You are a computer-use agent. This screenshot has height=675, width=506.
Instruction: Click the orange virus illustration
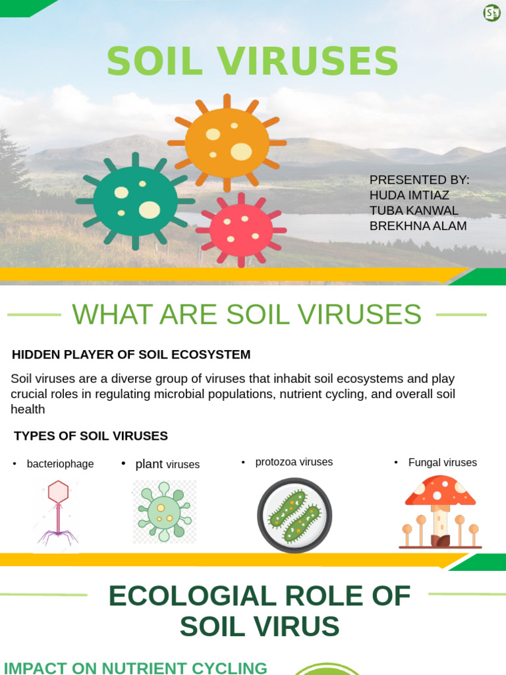point(227,143)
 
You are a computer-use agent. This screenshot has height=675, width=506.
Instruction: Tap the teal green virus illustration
point(135,201)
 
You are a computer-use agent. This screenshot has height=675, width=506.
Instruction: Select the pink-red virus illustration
point(241,230)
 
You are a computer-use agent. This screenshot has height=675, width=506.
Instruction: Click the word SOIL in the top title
point(155,61)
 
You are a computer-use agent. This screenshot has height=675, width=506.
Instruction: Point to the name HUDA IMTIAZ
point(409,195)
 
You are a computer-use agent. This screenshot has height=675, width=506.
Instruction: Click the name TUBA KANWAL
point(414,210)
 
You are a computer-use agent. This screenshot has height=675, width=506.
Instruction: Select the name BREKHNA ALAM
point(418,226)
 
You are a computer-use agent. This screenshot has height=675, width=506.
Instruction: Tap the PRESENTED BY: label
point(419,180)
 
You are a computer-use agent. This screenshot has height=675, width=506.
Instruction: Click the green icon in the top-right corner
point(492,13)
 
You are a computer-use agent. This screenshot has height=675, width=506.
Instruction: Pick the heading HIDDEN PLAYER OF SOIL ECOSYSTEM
point(131,354)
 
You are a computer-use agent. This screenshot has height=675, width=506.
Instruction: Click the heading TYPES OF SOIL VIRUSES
point(91,436)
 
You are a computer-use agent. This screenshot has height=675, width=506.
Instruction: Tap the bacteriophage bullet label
point(60,463)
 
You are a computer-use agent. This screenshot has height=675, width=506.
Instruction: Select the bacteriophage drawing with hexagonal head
point(58,514)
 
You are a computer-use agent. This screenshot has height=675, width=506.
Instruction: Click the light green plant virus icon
point(164,512)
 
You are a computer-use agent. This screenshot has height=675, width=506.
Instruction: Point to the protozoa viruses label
point(294,462)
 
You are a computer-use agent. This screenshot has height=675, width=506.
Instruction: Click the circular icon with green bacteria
point(295,515)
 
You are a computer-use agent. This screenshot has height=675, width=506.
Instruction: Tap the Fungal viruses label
point(442,462)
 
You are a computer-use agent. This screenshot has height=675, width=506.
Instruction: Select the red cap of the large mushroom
point(440,490)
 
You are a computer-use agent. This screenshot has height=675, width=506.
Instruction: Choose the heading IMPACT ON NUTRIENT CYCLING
point(135,668)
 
